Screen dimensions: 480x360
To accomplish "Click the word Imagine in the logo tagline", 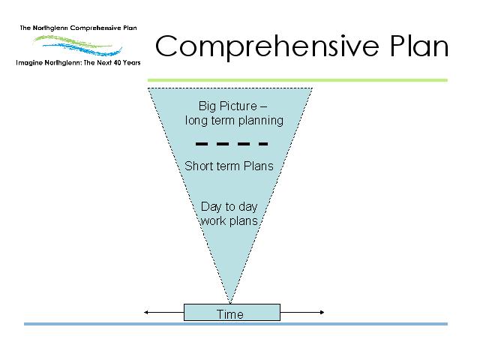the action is [x=29, y=63].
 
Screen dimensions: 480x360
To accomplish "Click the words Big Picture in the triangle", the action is [x=228, y=106].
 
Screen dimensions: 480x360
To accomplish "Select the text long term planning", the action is [x=234, y=121].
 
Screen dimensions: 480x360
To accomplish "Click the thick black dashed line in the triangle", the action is [x=232, y=144].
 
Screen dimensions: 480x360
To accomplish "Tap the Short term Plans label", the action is [x=229, y=166].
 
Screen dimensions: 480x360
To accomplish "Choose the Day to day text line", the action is [x=229, y=207].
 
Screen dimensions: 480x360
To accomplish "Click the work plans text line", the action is [x=229, y=221].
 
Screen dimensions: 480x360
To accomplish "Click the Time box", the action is [x=232, y=312].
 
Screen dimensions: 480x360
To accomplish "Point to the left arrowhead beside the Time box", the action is [x=146, y=312].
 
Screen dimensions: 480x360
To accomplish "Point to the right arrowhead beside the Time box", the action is [x=322, y=312].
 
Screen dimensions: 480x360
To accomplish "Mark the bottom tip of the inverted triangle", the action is [x=230, y=303].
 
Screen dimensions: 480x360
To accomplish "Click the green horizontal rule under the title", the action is [x=298, y=80].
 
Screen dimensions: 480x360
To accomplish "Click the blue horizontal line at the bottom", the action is [x=235, y=324].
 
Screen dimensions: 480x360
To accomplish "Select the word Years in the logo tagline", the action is [x=132, y=63].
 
